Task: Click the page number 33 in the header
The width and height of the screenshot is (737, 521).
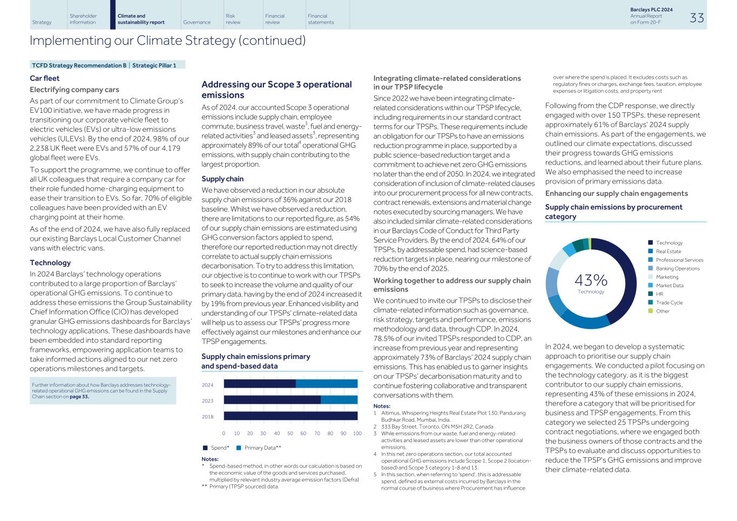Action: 697,18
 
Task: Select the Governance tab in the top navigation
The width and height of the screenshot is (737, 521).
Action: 197,22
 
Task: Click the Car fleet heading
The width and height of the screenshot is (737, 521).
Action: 45,78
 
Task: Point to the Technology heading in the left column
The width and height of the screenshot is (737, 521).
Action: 50,263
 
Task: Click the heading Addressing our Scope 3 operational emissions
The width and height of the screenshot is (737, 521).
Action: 276,90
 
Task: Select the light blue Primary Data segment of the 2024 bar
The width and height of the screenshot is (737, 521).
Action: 326,384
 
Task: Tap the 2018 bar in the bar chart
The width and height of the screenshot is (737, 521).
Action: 290,416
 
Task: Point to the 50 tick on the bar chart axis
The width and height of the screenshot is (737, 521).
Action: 290,434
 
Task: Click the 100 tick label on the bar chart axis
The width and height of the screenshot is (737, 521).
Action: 357,434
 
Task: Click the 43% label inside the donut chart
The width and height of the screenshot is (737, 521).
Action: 591,280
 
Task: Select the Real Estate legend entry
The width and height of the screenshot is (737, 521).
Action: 668,252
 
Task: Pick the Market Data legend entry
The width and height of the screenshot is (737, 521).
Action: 669,286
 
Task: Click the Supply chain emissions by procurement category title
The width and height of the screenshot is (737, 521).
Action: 613,212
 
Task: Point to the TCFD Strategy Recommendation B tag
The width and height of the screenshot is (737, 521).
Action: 78,65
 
